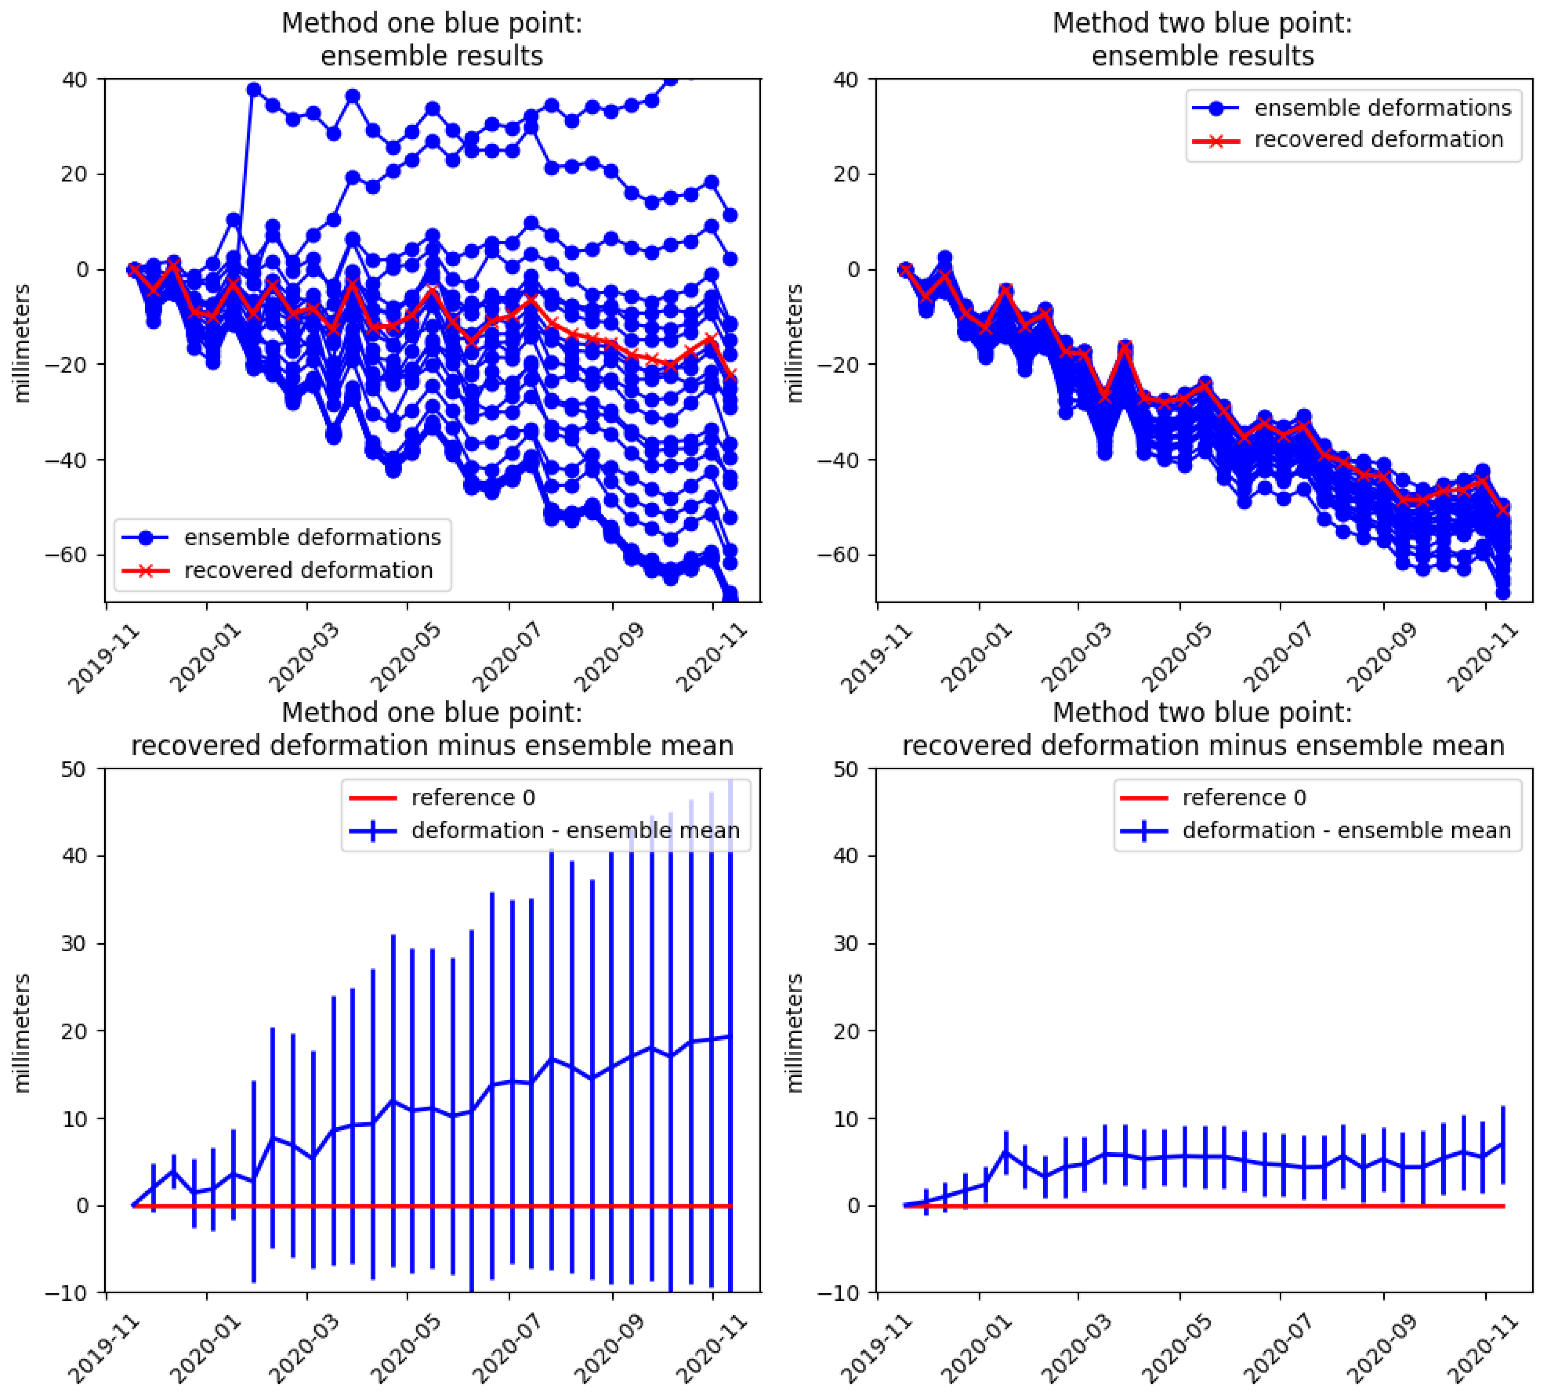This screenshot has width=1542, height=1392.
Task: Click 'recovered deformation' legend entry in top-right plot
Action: (x=1378, y=139)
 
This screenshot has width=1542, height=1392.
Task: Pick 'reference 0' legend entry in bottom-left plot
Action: (x=473, y=798)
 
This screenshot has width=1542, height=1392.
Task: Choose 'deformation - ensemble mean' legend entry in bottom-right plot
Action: (x=1346, y=831)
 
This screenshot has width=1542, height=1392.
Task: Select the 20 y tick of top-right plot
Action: (x=847, y=174)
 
